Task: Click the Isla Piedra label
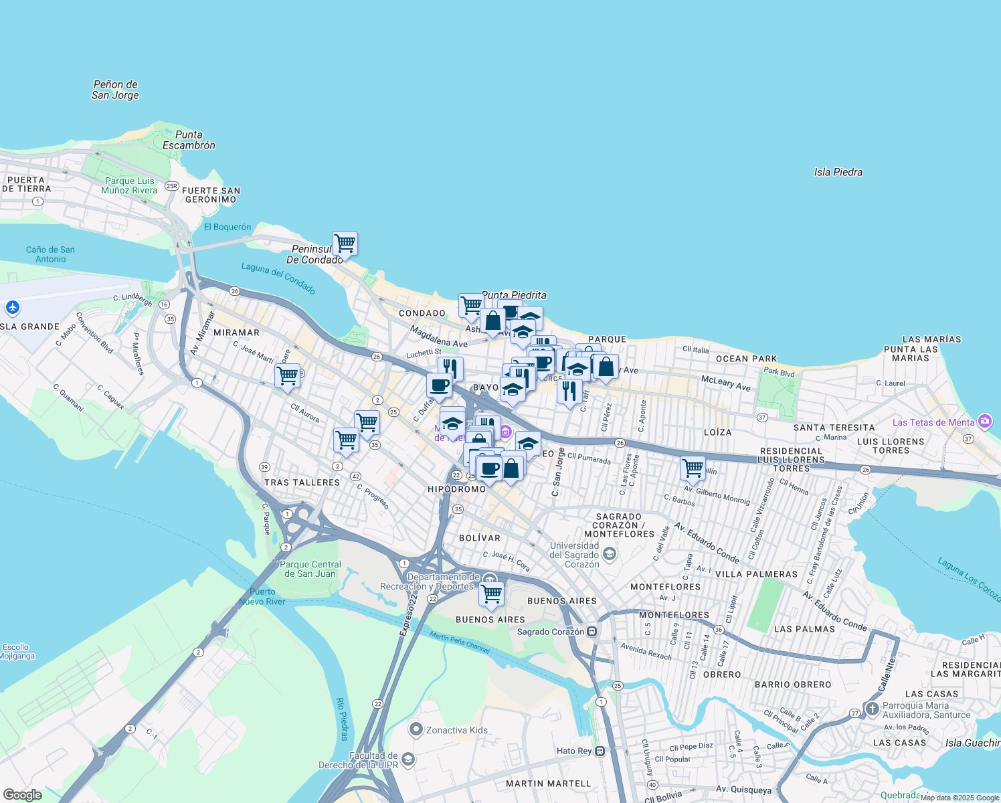coord(838,172)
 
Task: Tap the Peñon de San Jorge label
coord(115,90)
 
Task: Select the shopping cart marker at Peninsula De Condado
coord(345,244)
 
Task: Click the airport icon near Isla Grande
coord(13,308)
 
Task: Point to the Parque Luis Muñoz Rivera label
coord(129,185)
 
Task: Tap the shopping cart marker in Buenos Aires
coord(492,594)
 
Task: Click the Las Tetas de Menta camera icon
coord(984,422)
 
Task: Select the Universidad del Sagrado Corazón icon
coord(609,554)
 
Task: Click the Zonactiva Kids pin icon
coord(416,729)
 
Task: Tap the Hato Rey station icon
coord(600,751)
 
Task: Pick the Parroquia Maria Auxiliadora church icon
coord(872,709)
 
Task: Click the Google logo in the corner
coord(22,795)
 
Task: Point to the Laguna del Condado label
coord(278,278)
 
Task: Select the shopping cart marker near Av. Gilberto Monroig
coord(693,468)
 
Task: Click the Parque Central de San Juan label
coord(310,569)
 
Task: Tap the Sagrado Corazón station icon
coord(592,632)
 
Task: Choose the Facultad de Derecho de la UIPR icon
coord(408,759)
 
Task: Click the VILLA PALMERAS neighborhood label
coord(756,574)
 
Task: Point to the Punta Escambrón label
coord(189,140)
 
